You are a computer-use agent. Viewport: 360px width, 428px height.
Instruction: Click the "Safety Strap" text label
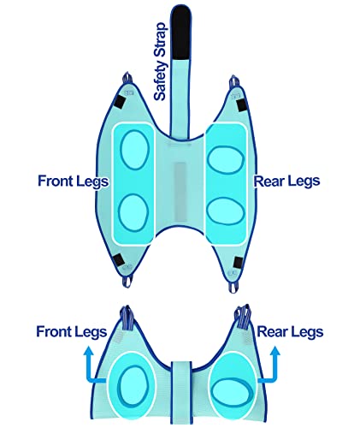pyautogui.click(x=160, y=62)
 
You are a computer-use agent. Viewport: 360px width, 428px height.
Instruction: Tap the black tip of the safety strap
pyautogui.click(x=180, y=33)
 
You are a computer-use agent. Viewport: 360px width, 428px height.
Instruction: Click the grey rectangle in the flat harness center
pyautogui.click(x=180, y=192)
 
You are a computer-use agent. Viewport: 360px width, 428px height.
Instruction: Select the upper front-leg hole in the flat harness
pyautogui.click(x=135, y=150)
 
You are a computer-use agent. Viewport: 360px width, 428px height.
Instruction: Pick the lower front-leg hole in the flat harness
pyautogui.click(x=133, y=212)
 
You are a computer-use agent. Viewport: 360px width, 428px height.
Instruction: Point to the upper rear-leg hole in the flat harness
pyautogui.click(x=226, y=160)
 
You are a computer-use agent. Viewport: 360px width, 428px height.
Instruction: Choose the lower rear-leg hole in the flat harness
pyautogui.click(x=226, y=211)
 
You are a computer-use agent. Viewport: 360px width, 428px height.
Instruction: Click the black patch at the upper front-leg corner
pyautogui.click(x=121, y=102)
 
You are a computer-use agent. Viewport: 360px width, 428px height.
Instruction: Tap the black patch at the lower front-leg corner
pyautogui.click(x=118, y=259)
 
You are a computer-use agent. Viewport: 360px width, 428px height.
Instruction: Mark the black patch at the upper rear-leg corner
pyautogui.click(x=242, y=105)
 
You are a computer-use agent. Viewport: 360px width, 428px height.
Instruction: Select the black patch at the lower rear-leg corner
pyautogui.click(x=238, y=263)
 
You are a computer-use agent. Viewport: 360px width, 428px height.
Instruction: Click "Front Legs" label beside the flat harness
pyautogui.click(x=74, y=181)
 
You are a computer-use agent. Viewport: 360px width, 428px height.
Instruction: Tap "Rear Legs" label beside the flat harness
pyautogui.click(x=286, y=181)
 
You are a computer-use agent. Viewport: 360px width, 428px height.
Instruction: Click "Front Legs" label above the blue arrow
pyautogui.click(x=72, y=332)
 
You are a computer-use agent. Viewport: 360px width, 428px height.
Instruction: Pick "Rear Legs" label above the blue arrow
pyautogui.click(x=290, y=332)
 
